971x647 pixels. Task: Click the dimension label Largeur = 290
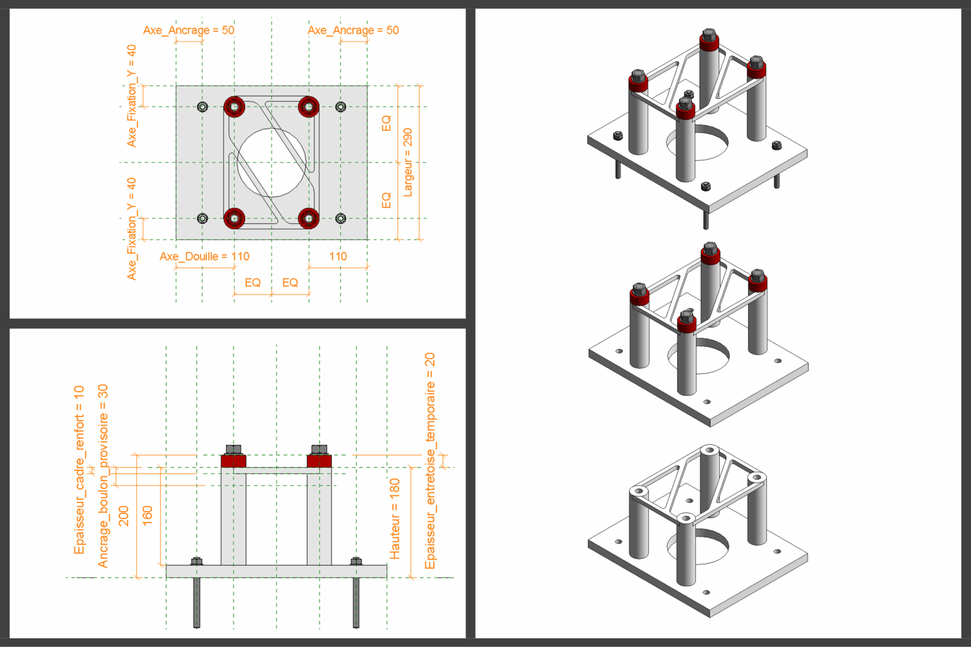[x=408, y=162]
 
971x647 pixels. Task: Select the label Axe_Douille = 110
[x=204, y=256]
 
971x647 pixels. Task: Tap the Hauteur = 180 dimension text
[x=395, y=518]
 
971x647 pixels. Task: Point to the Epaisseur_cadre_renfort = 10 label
[x=79, y=469]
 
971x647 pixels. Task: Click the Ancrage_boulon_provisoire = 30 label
[x=103, y=475]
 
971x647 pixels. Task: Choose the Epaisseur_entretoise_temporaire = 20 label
[x=429, y=460]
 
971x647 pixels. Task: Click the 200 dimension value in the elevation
[x=123, y=516]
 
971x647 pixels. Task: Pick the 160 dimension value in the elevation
[x=147, y=516]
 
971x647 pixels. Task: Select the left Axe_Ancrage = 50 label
[x=189, y=30]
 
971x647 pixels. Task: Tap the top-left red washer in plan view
[x=234, y=107]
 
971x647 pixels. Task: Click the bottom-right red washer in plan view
[x=309, y=218]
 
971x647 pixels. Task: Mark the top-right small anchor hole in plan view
[x=340, y=107]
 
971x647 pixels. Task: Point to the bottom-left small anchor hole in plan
[x=202, y=218]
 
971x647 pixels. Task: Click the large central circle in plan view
[x=271, y=163]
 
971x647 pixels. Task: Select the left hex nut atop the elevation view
[x=233, y=450]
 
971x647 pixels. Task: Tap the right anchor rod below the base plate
[x=356, y=602]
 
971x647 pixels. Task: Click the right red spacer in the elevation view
[x=319, y=461]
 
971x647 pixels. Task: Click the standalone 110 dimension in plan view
[x=338, y=256]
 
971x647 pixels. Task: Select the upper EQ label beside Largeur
[x=386, y=123]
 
